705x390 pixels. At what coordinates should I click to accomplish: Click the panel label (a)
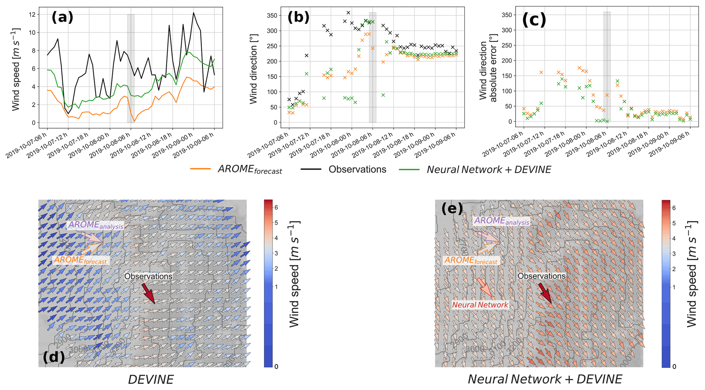click(62, 17)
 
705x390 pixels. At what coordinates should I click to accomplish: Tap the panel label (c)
click(534, 20)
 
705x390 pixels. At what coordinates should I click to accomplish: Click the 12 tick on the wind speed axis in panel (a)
click(33, 15)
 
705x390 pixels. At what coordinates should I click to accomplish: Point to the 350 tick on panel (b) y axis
click(275, 15)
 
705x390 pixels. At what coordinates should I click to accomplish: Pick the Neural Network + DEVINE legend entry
click(488, 169)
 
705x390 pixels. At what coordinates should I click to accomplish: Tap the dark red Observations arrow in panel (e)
click(545, 292)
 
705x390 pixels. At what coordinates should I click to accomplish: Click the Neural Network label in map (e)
click(480, 305)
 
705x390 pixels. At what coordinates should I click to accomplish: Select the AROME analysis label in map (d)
click(96, 225)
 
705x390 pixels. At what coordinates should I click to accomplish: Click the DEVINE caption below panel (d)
click(151, 379)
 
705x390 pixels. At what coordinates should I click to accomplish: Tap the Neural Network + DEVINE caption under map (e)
click(545, 379)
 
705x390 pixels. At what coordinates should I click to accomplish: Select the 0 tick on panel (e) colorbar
click(674, 366)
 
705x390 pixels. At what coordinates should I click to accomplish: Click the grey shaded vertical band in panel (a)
click(131, 68)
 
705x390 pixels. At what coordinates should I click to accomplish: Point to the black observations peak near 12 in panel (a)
click(193, 13)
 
